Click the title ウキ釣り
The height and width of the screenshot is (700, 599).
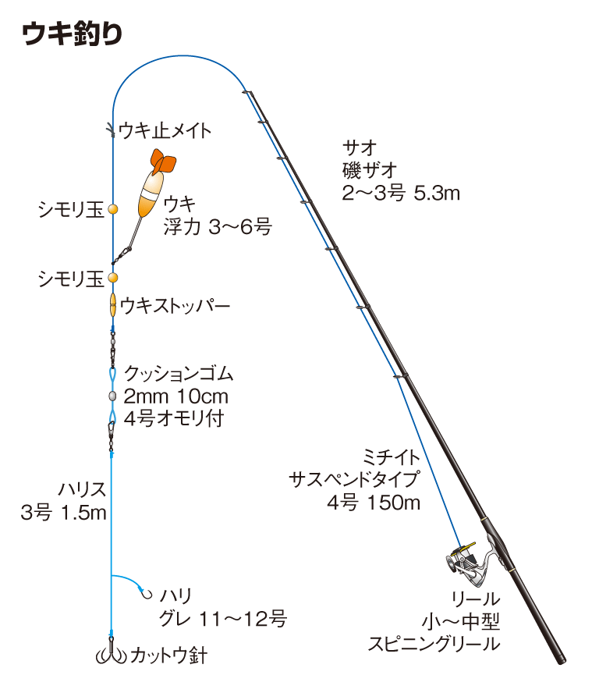click(71, 34)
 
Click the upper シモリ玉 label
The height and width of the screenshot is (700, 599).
click(71, 209)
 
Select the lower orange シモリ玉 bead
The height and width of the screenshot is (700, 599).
click(113, 278)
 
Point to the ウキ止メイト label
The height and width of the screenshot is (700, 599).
click(165, 130)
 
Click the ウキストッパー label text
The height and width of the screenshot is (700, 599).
click(175, 306)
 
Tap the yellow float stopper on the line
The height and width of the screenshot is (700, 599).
click(113, 304)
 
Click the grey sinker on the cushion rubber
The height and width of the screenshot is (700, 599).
click(112, 396)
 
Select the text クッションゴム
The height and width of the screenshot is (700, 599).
click(179, 375)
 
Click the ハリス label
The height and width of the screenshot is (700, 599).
click(82, 489)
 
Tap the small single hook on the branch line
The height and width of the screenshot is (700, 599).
click(145, 593)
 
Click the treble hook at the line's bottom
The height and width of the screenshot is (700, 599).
click(112, 654)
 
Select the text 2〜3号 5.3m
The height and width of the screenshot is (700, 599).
click(401, 193)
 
